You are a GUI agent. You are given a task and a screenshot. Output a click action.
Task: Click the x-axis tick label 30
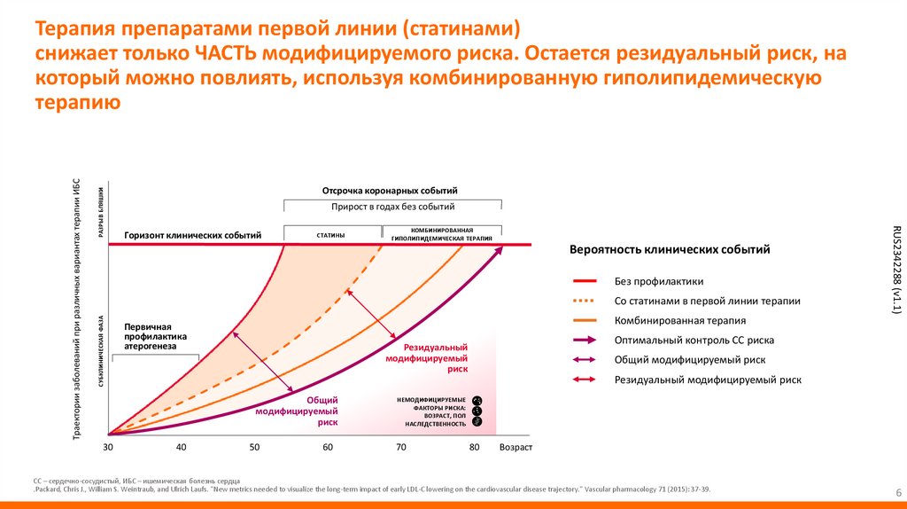[108, 447]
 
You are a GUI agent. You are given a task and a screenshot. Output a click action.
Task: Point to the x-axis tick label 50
[254, 447]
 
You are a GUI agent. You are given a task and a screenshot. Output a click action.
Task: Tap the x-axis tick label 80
[474, 447]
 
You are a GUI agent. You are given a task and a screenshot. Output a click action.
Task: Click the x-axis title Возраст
[516, 447]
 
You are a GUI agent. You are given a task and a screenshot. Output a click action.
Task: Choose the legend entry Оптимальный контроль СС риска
[694, 340]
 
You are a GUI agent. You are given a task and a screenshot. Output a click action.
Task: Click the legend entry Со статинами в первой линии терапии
[707, 301]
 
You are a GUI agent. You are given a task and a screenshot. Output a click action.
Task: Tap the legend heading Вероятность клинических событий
[669, 250]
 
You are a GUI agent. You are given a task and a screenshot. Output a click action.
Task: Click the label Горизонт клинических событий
[192, 235]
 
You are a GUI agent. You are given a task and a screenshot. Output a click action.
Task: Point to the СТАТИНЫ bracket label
[330, 235]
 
